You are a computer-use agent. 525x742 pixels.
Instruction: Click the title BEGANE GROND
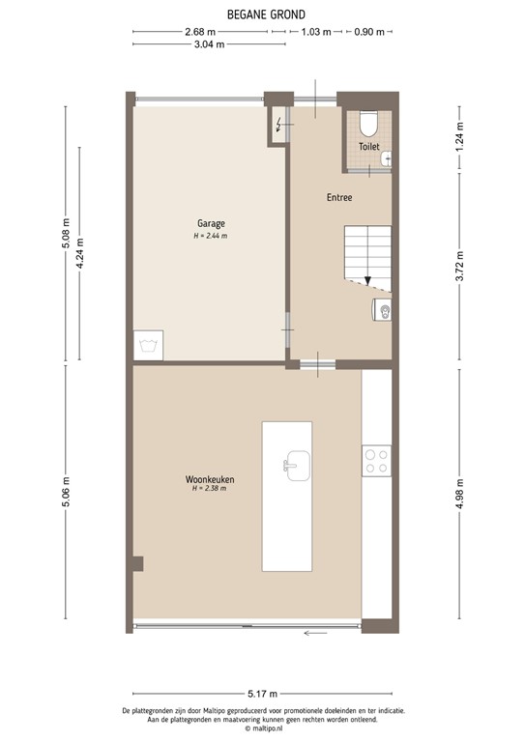click(265, 14)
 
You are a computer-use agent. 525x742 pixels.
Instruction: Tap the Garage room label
click(210, 223)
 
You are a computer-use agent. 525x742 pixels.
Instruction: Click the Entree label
click(338, 197)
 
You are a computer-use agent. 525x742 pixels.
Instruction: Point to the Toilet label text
click(368, 147)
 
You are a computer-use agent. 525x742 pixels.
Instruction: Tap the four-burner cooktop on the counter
click(376, 461)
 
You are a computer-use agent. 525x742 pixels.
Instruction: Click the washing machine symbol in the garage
click(149, 345)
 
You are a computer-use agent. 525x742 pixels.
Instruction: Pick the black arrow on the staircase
click(367, 280)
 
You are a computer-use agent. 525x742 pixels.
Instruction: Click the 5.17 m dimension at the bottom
click(262, 694)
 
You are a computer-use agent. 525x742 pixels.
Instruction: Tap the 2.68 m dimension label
click(199, 32)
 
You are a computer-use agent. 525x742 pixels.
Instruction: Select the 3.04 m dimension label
click(209, 44)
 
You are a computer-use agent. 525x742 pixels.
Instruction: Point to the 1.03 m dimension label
click(315, 32)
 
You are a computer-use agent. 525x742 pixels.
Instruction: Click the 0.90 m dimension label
click(368, 32)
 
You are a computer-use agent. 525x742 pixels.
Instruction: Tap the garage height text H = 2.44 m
click(210, 235)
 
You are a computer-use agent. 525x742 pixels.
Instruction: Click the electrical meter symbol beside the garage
click(279, 124)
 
